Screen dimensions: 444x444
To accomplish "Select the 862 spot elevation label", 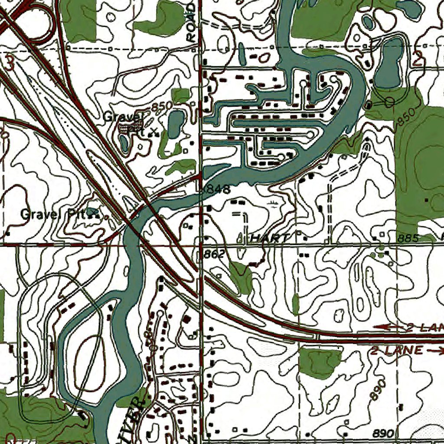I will [x=215, y=254].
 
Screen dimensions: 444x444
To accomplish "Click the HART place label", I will [x=269, y=238].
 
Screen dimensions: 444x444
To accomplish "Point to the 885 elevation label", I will [x=408, y=238].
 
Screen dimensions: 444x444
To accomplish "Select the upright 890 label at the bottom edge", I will [x=383, y=434].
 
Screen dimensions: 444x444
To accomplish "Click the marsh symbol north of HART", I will [x=273, y=204].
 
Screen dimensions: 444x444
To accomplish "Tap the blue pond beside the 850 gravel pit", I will [x=175, y=123].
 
